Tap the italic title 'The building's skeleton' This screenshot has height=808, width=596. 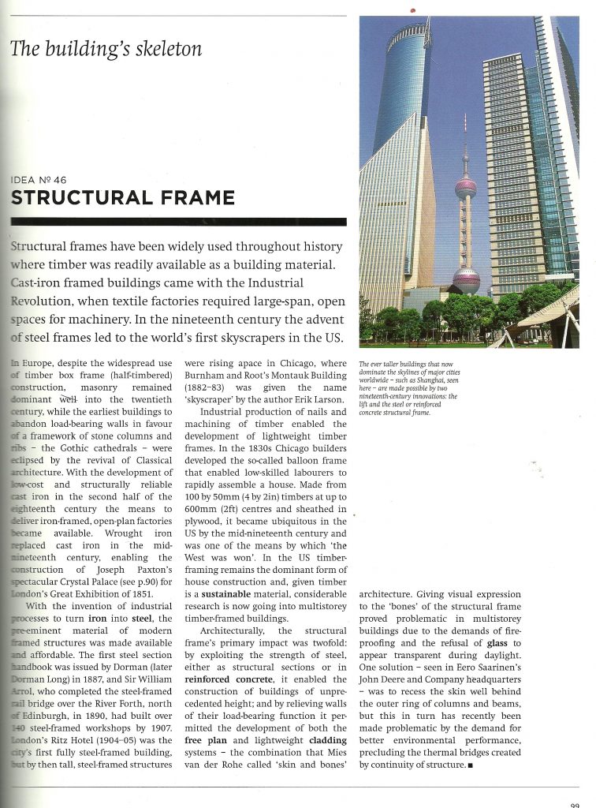tap(106, 49)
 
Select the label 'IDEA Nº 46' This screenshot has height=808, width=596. tap(39, 180)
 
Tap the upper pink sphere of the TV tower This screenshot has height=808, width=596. tap(465, 189)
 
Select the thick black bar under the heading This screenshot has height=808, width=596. tap(178, 222)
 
